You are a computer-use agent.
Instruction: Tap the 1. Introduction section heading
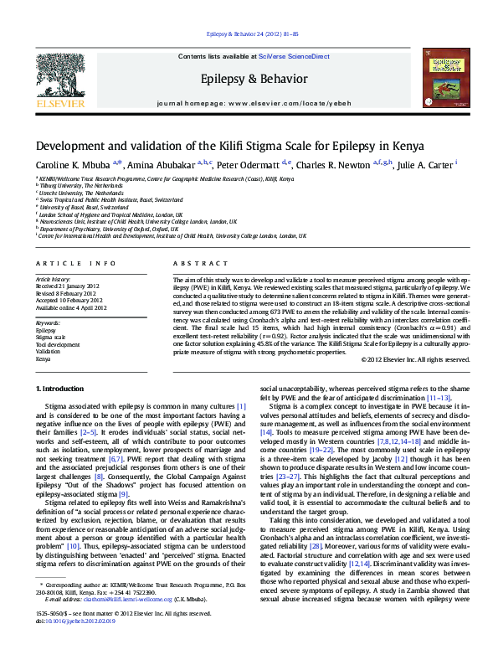pyautogui.click(x=61, y=389)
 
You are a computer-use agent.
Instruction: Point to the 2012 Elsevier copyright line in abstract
pyautogui.click(x=415, y=358)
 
